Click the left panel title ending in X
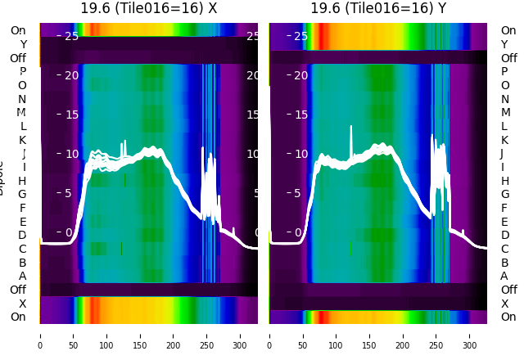[148, 8]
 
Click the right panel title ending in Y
[378, 8]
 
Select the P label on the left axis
[23, 72]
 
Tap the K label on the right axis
[505, 140]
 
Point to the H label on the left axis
[23, 181]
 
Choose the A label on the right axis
[505, 276]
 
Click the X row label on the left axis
[23, 304]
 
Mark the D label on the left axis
[23, 236]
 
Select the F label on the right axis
[505, 208]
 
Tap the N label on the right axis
[505, 99]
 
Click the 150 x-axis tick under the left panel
[140, 335]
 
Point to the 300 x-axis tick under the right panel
[470, 335]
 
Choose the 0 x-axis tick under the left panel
[40, 335]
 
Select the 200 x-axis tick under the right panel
[403, 335]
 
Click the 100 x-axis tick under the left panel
[106, 335]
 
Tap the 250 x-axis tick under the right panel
[436, 335]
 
